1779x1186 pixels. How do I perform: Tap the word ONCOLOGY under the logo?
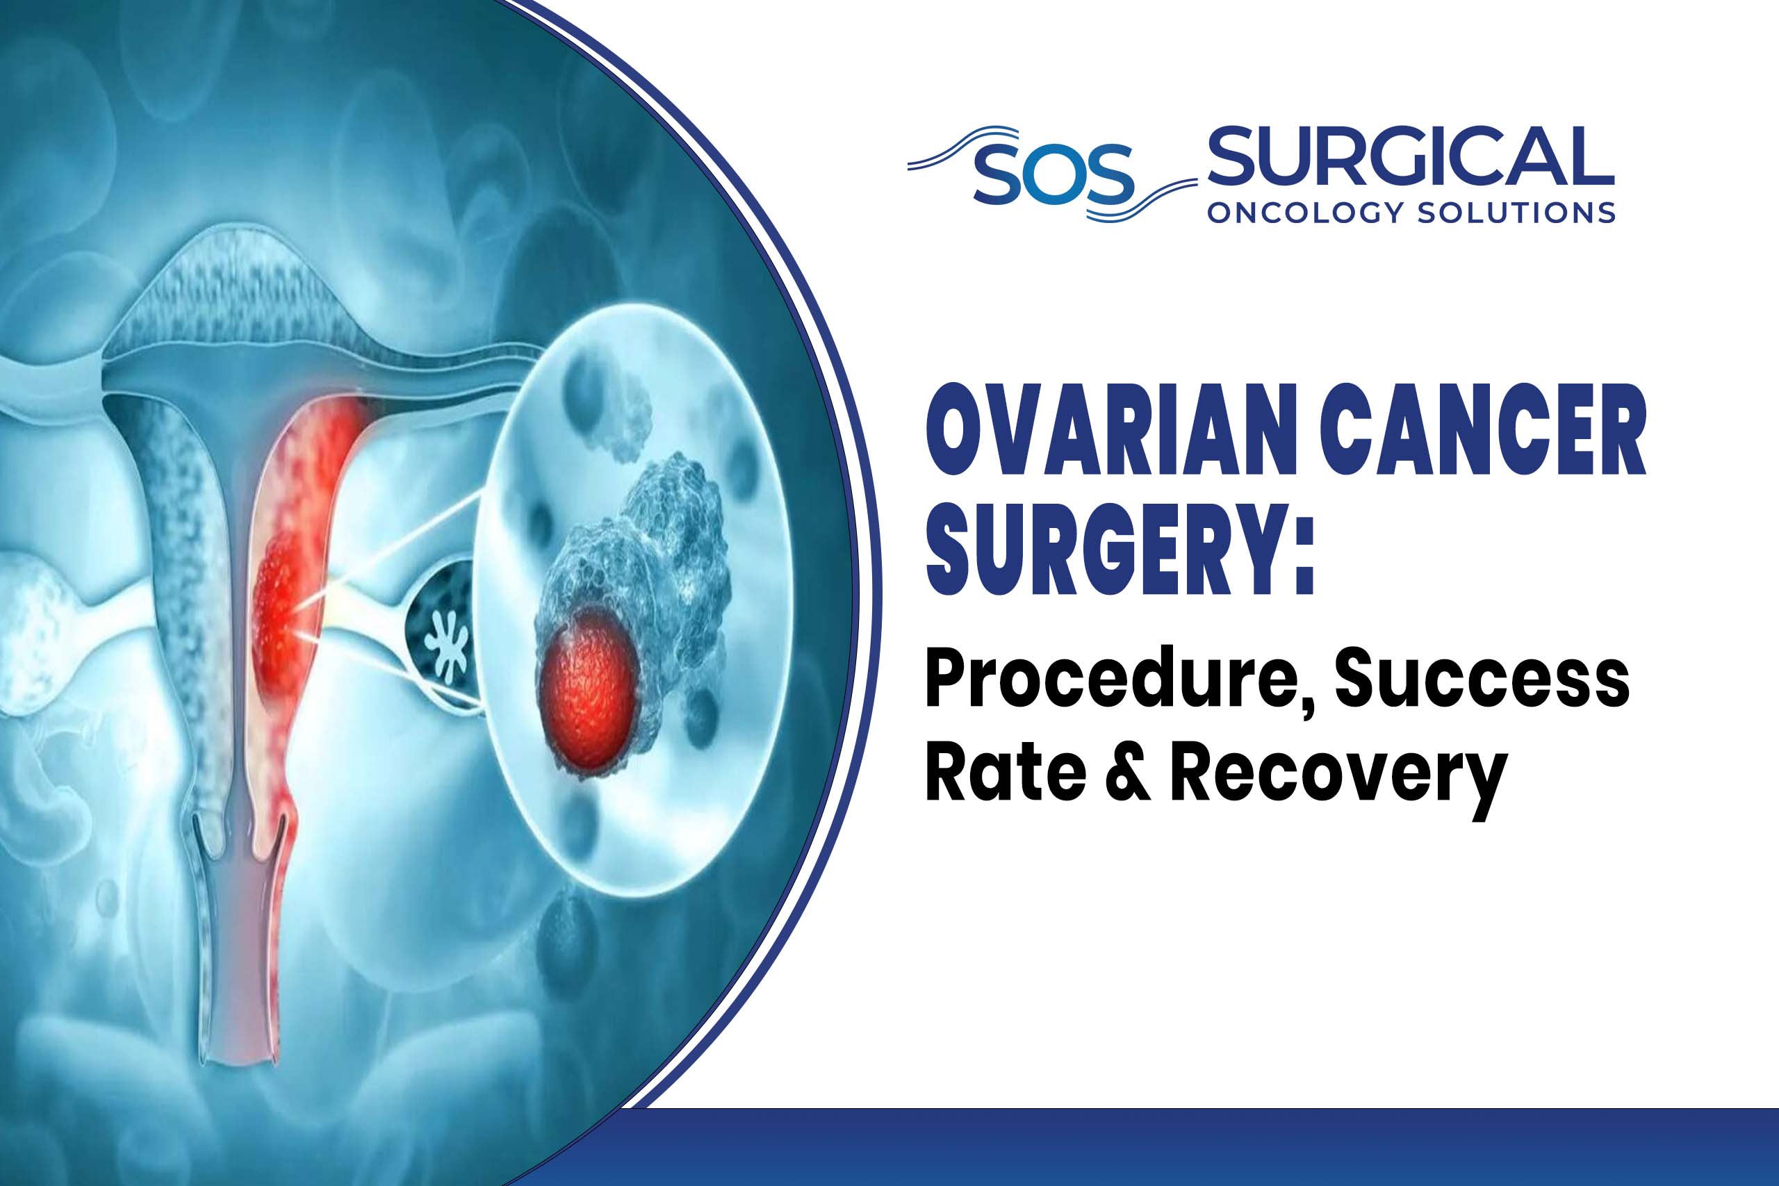(1306, 213)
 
